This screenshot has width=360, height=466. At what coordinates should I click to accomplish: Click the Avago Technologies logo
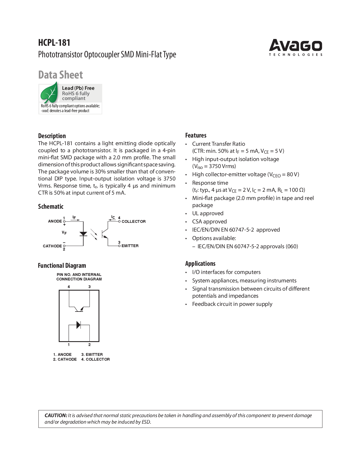[295, 47]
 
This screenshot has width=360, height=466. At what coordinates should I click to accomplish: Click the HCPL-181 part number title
[54, 43]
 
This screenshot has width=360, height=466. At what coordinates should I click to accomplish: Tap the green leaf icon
[49, 93]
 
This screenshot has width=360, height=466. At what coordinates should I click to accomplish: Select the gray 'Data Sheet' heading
[60, 75]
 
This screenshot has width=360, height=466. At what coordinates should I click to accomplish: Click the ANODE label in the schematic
[55, 221]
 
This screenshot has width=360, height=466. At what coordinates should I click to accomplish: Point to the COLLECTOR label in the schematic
[134, 221]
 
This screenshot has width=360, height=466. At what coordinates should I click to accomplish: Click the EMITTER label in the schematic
[130, 246]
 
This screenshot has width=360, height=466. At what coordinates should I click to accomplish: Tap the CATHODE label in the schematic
[52, 246]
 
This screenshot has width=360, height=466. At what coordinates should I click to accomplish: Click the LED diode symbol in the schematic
[83, 234]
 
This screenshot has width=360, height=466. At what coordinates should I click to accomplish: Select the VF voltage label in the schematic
[64, 233]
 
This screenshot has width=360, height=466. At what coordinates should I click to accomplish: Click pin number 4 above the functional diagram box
[69, 287]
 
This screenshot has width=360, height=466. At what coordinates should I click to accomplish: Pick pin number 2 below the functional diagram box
[90, 345]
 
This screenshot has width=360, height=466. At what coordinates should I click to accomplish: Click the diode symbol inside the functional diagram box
[79, 325]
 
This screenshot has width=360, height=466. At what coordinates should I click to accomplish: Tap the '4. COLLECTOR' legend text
[95, 359]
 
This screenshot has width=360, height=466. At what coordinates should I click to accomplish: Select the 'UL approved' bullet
[208, 214]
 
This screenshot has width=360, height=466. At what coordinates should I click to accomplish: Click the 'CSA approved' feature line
[209, 222]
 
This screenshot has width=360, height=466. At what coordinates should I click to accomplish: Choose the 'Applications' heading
[200, 264]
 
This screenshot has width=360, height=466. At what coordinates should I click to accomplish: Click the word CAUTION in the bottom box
[56, 415]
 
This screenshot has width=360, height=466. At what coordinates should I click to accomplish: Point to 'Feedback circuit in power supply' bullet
[232, 304]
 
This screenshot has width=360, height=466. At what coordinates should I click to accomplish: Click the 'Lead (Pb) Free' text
[78, 88]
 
